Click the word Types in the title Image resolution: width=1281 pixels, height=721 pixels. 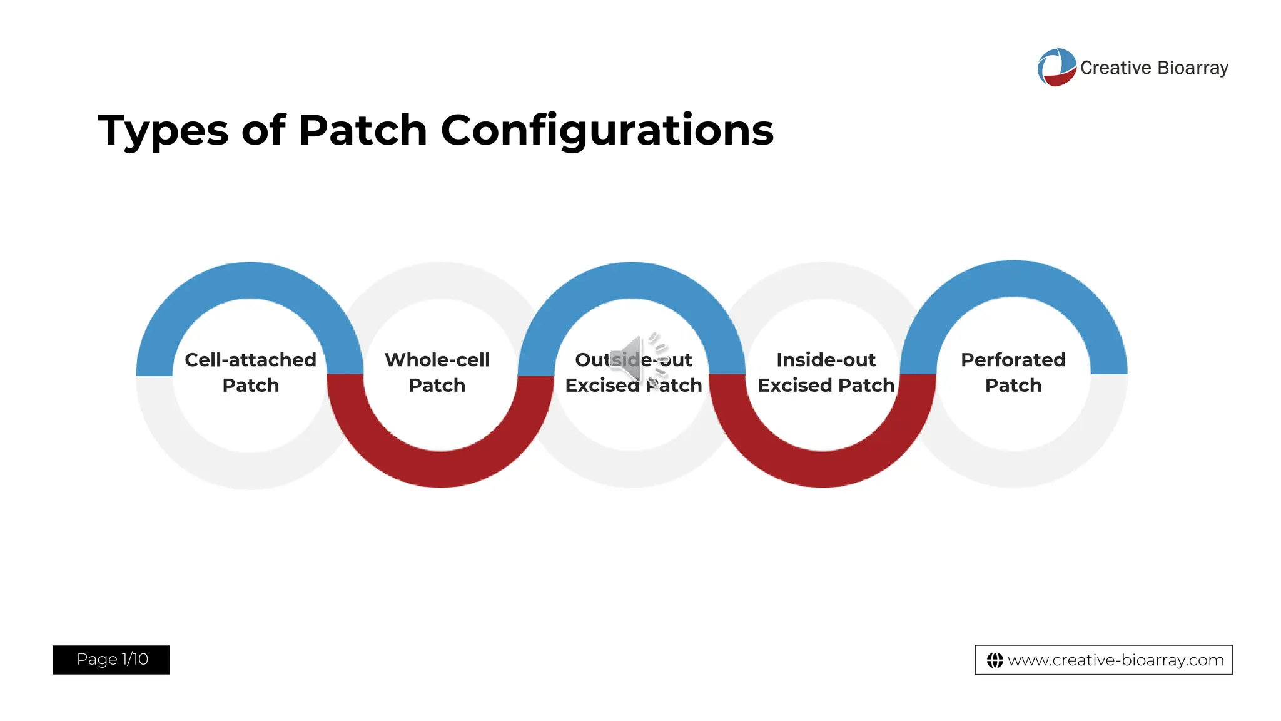point(164,131)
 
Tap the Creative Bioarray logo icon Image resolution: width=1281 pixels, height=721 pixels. point(1056,68)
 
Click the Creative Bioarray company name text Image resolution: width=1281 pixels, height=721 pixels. point(1154,68)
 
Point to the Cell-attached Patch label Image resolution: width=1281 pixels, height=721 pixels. point(250,372)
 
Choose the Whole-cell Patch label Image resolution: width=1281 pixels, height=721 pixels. point(437,372)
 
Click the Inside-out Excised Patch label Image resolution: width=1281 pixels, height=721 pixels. point(826,372)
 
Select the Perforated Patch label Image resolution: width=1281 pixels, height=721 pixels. point(1013,372)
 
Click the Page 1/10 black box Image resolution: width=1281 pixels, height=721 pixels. point(111,660)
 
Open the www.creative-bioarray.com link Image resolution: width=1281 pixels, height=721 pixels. point(1115,660)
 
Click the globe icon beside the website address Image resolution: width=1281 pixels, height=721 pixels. point(995,660)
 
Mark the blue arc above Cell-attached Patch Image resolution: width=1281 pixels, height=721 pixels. point(250,280)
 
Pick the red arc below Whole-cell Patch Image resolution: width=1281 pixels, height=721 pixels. point(441,469)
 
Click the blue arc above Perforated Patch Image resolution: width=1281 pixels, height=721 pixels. point(1013,279)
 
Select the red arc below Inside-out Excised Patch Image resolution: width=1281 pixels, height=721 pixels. point(823,469)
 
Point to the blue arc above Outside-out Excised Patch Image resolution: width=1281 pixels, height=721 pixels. point(632,280)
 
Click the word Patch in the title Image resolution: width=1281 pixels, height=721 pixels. point(363,131)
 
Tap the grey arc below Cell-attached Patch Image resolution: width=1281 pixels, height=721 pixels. point(250,470)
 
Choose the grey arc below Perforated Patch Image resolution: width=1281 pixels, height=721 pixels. point(1013,469)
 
